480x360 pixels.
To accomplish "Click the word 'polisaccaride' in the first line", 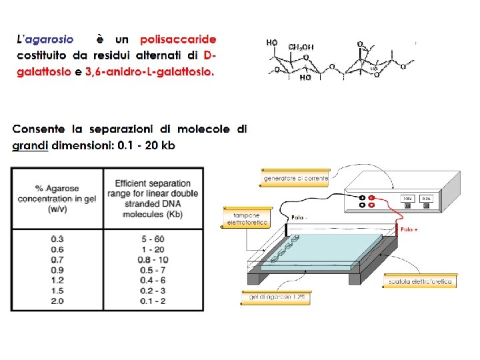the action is (x=178, y=40).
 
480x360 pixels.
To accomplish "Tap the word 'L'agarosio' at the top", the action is (x=45, y=40).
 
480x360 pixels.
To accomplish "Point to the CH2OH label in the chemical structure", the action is (x=301, y=47).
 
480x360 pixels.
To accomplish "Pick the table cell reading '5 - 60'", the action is (x=153, y=238).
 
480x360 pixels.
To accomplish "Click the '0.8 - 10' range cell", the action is (x=153, y=259).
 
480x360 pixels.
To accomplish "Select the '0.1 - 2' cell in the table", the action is (x=153, y=301).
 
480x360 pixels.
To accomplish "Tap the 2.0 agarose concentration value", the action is (x=58, y=301).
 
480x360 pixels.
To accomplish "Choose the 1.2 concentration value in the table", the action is (x=58, y=280).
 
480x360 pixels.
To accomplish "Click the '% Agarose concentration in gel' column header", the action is (x=57, y=199).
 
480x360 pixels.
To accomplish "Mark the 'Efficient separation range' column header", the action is (x=153, y=199).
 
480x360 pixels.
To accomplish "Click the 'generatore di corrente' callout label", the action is (x=296, y=179).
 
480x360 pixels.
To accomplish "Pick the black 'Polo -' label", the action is (x=299, y=218).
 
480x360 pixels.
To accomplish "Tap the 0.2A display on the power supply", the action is (x=425, y=198).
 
